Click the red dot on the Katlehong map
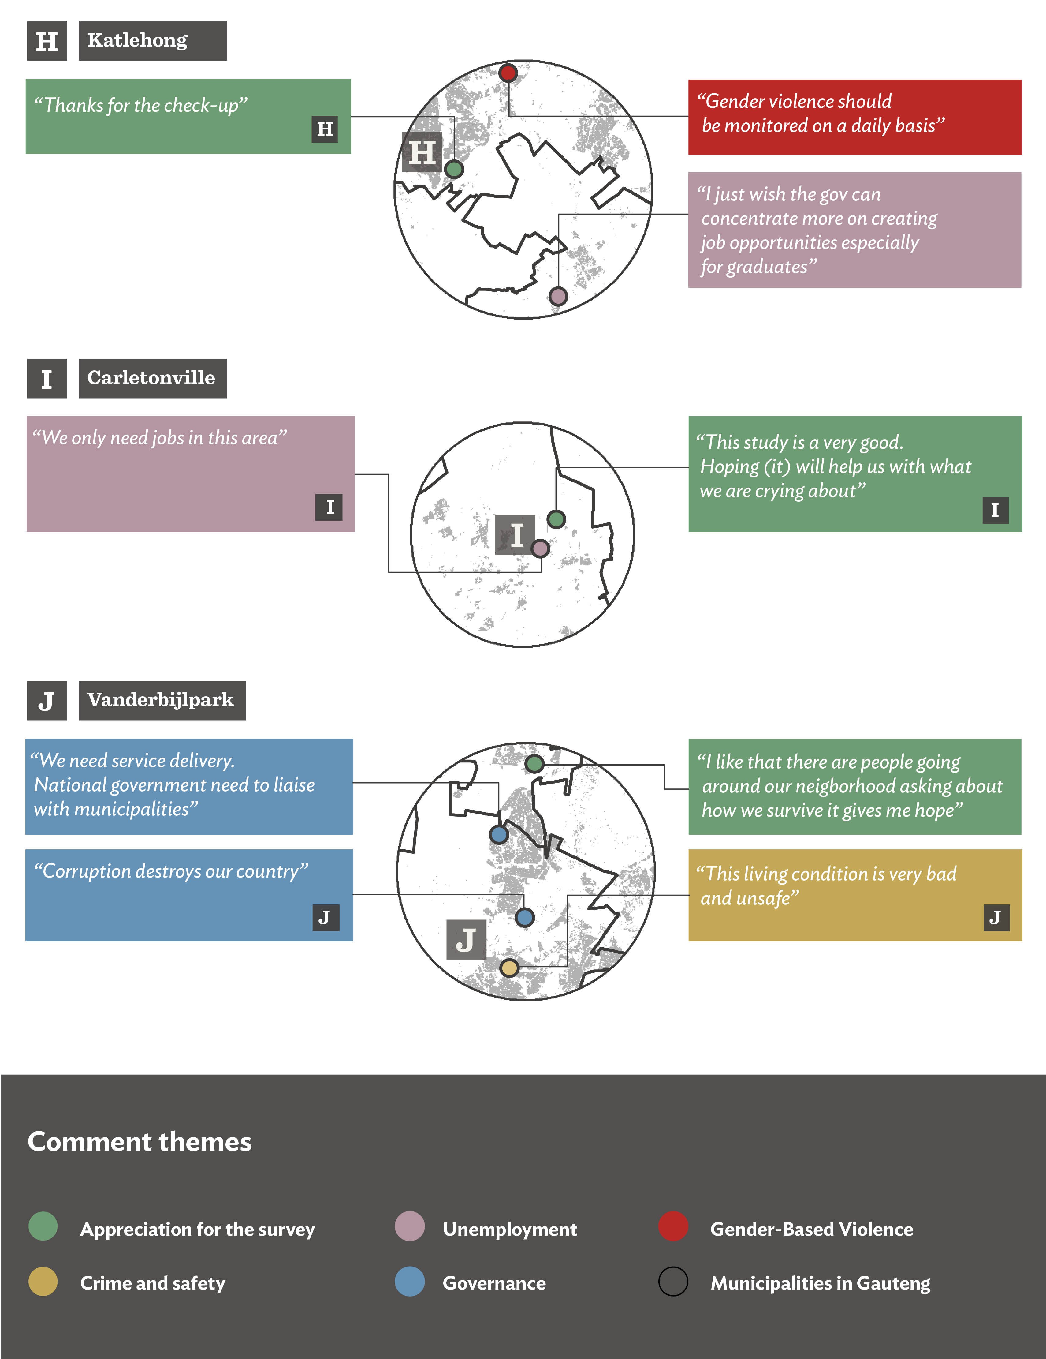508,73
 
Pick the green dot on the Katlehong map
455,169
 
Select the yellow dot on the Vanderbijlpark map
509,968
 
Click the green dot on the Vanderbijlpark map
534,763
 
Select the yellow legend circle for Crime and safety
43,1281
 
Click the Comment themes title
140,1142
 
